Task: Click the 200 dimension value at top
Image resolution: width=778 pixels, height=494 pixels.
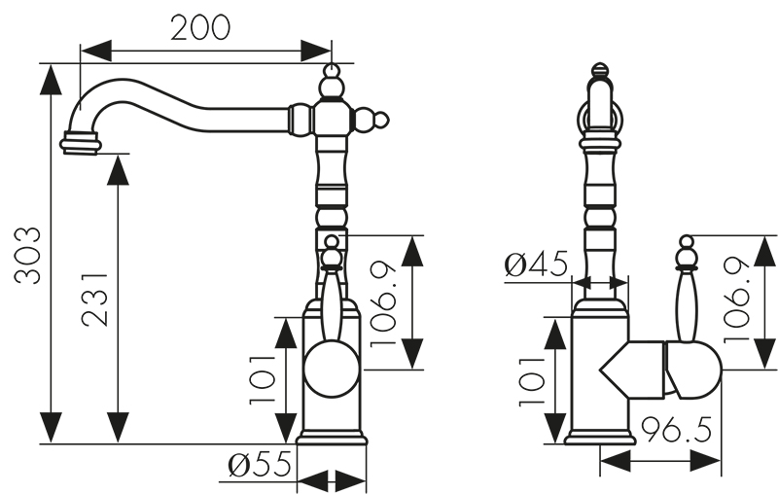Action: click(201, 27)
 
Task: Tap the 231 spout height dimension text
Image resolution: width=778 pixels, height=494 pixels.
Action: click(93, 297)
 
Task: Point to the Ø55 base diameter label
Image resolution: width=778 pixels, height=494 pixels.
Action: click(261, 468)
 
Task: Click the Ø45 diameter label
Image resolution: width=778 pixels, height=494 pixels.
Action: click(537, 265)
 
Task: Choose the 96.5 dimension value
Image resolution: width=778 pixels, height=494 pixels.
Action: click(677, 429)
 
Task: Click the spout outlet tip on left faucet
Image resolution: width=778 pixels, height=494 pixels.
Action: click(80, 144)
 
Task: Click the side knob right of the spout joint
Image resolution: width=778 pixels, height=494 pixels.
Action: click(378, 121)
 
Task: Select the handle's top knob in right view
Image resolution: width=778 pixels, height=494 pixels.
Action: click(687, 243)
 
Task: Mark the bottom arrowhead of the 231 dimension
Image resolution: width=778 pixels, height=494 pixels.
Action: click(118, 427)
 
